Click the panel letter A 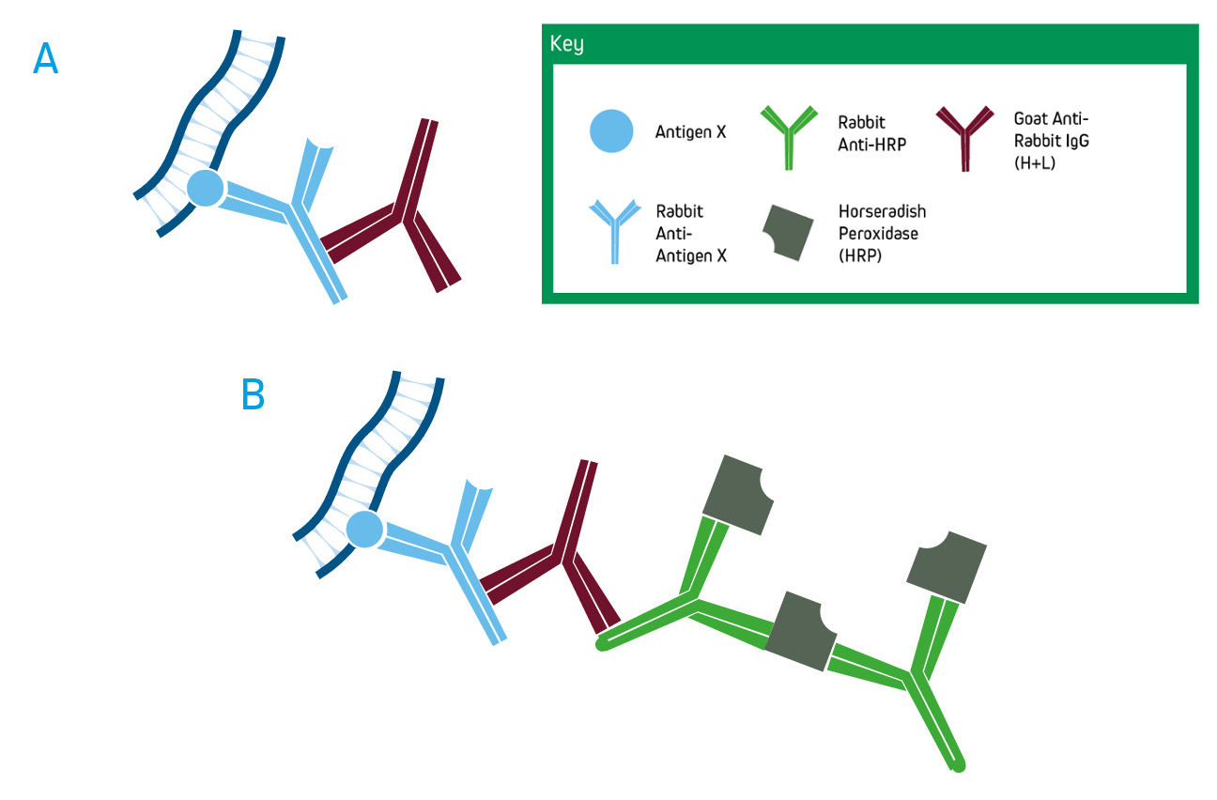pos(45,59)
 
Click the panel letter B pos(253,395)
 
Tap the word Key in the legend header pos(566,45)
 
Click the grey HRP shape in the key pos(788,233)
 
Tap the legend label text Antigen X pos(690,132)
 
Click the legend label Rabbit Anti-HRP pos(871,133)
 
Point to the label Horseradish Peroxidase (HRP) pos(882,233)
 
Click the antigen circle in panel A pos(205,189)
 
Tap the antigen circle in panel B pos(363,531)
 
